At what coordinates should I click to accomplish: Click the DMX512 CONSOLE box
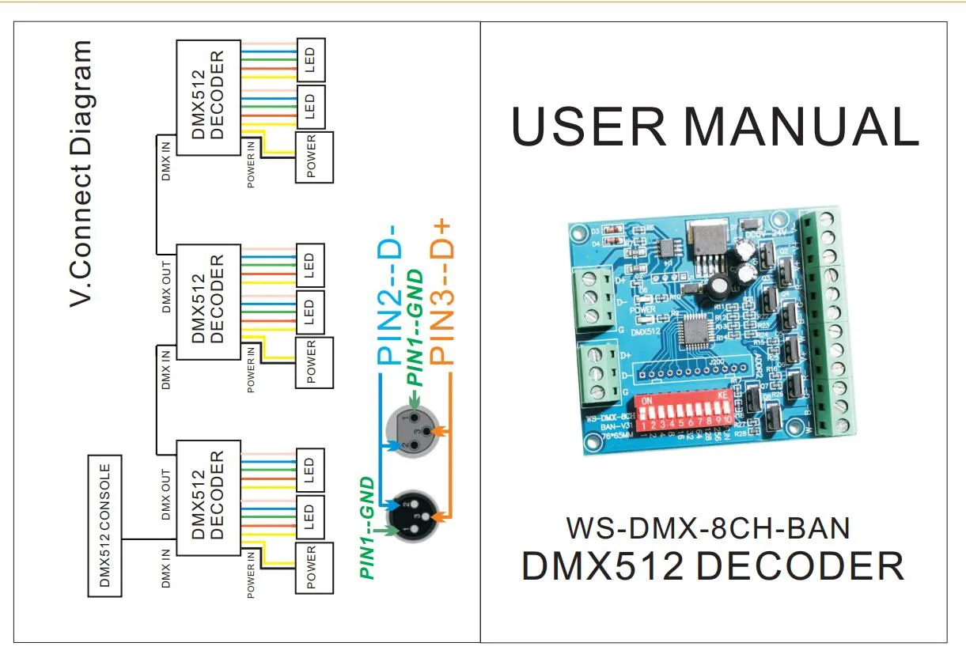pyautogui.click(x=104, y=526)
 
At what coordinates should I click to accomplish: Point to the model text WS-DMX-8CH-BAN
pyautogui.click(x=708, y=527)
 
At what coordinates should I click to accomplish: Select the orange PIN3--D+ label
pyautogui.click(x=443, y=293)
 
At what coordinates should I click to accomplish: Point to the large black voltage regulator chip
pyautogui.click(x=703, y=235)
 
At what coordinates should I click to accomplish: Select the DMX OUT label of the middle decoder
pyautogui.click(x=167, y=285)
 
